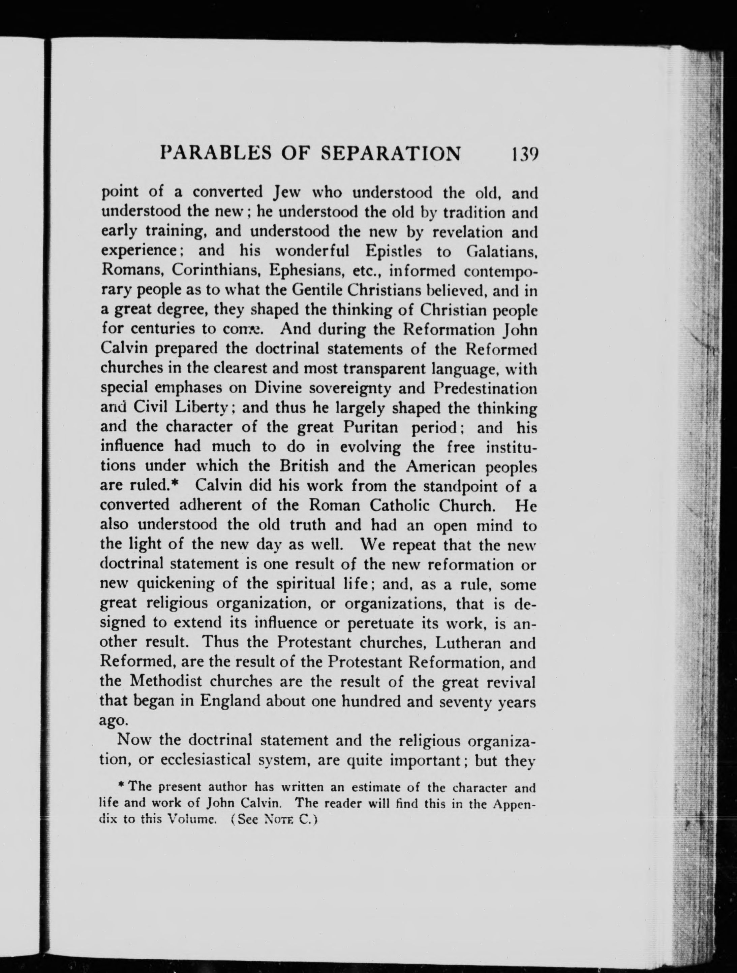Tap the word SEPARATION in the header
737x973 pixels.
click(x=392, y=154)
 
